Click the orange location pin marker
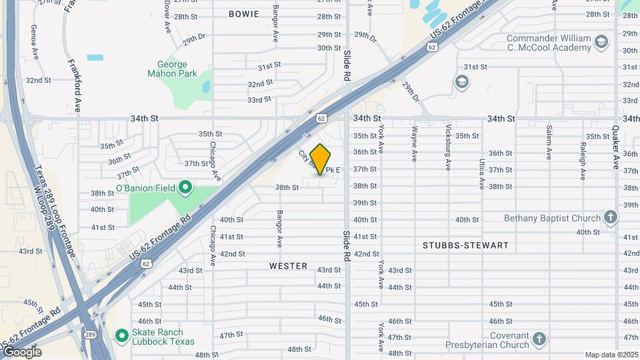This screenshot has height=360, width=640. point(321,159)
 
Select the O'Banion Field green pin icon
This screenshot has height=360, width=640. point(186,187)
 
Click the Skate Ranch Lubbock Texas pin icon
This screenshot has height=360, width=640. point(121,335)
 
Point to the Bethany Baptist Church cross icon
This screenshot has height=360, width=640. point(610,217)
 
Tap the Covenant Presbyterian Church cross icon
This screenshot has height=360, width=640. point(539,339)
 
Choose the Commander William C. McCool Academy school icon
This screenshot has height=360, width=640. point(602,43)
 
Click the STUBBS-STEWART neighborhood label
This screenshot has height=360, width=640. point(465,245)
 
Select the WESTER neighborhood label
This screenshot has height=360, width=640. point(288,266)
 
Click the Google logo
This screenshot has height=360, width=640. point(22,351)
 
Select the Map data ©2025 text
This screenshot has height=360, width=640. point(611,355)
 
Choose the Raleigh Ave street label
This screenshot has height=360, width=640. point(583,161)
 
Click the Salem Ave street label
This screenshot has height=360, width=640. point(549,143)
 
